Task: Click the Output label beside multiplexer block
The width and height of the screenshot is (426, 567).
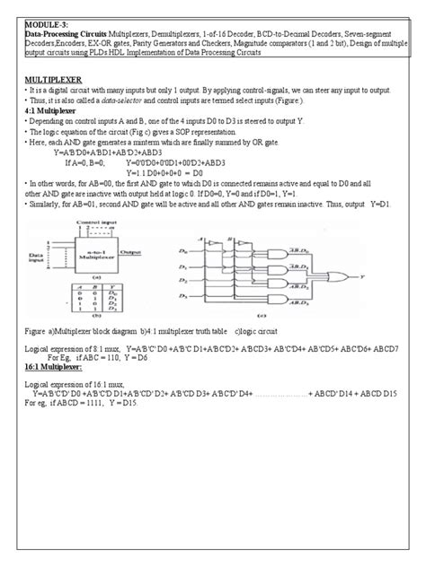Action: (x=129, y=253)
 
